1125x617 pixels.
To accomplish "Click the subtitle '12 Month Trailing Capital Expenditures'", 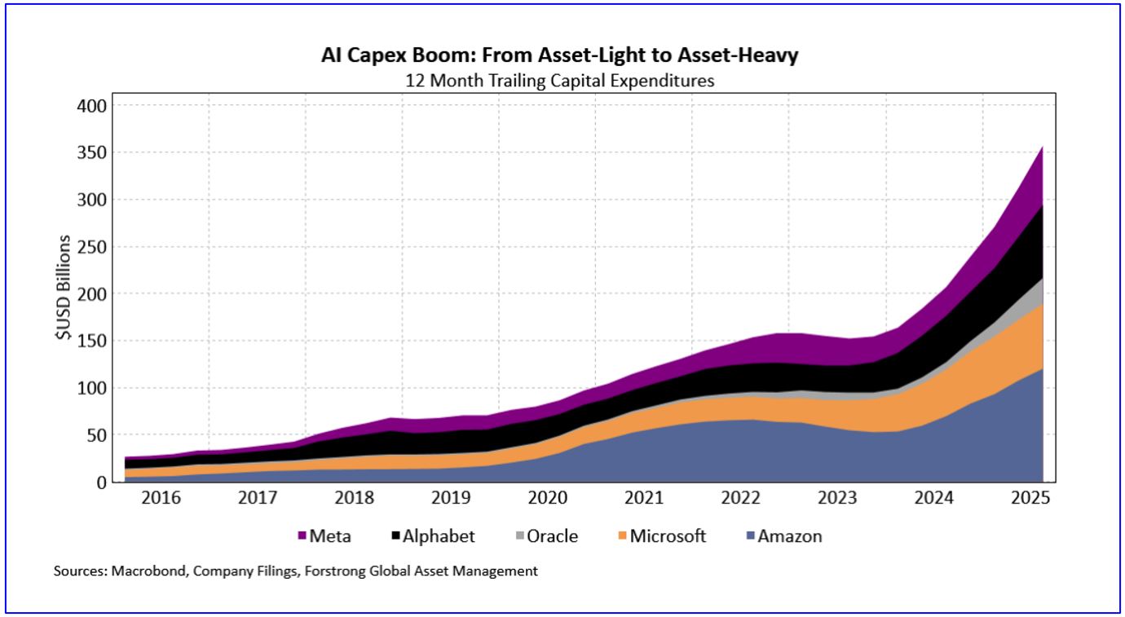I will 562,81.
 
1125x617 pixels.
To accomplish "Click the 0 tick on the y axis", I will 101,483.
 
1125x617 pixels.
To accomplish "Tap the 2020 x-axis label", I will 549,498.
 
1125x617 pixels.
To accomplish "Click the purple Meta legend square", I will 302,536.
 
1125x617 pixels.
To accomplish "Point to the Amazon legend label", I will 790,536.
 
